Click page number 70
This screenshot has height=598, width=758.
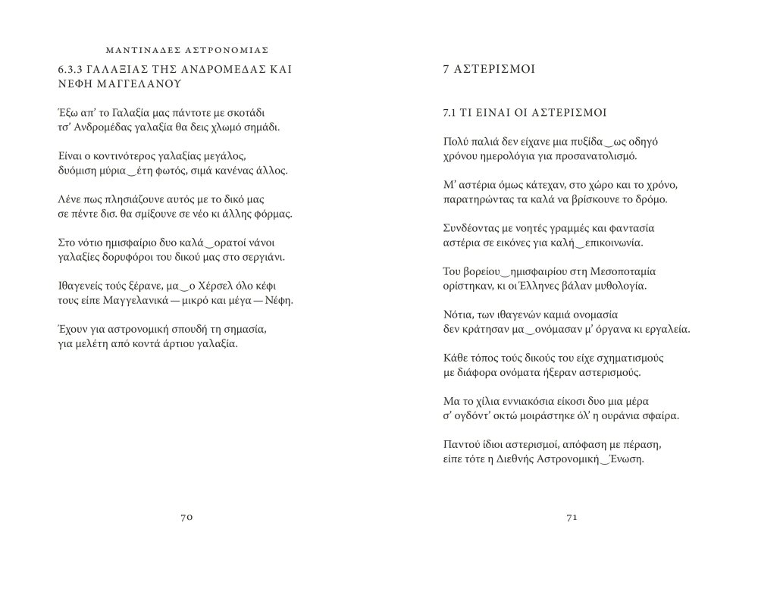point(188,517)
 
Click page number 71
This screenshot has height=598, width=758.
point(572,517)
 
